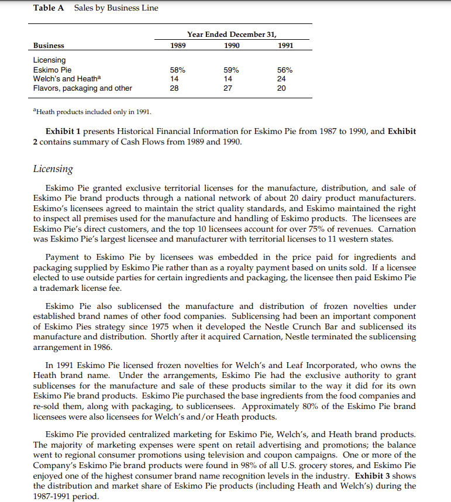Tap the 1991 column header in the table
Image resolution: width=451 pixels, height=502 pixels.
285,45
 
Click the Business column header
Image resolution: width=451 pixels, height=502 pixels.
49,45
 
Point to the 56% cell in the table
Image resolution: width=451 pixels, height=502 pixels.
285,70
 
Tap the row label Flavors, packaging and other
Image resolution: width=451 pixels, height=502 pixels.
82,88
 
